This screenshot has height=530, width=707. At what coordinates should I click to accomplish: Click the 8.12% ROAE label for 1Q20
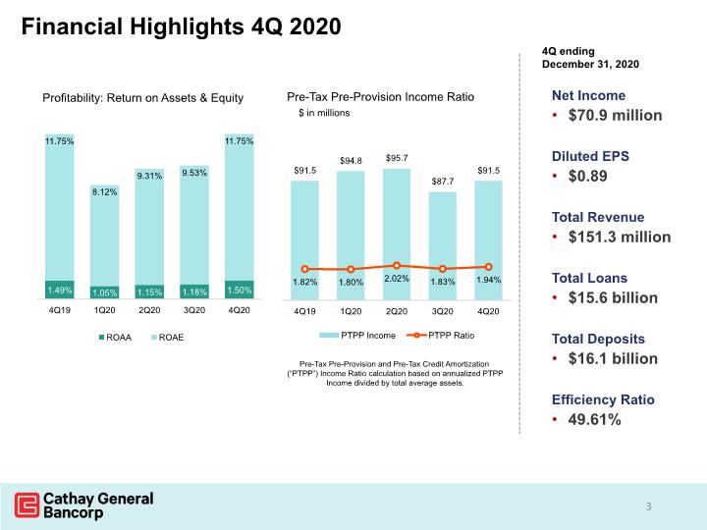[x=105, y=192]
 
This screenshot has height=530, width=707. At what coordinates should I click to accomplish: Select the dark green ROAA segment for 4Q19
[x=60, y=290]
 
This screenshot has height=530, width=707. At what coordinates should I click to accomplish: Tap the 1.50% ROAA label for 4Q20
[x=240, y=290]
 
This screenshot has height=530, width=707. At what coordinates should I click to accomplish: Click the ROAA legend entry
[x=116, y=337]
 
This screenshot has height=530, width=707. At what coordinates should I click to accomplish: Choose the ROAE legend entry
[x=168, y=337]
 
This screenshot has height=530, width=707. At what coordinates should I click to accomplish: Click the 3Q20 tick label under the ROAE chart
[x=194, y=310]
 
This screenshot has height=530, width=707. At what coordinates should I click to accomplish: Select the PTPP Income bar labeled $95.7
[x=397, y=235]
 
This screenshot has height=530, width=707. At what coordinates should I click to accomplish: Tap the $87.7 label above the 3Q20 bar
[x=443, y=182]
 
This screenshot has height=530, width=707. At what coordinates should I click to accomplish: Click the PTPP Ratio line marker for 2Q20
[x=397, y=265]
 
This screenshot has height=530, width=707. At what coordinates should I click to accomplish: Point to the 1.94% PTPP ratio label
[x=488, y=280]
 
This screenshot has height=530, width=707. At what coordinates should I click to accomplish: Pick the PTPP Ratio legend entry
[x=441, y=336]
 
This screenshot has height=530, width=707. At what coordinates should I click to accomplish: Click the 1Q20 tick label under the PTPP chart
[x=351, y=311]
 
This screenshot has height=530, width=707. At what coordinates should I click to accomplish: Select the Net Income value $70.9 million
[x=615, y=116]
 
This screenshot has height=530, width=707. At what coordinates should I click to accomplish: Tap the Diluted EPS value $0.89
[x=587, y=176]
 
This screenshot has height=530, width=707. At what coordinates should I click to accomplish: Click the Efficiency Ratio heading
[x=603, y=399]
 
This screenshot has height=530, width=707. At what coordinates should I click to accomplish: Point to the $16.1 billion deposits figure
[x=613, y=359]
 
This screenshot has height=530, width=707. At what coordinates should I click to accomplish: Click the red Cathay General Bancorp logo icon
[x=27, y=504]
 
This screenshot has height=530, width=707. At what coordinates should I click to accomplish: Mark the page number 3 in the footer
[x=648, y=506]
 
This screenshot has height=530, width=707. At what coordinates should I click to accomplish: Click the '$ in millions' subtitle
[x=324, y=113]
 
